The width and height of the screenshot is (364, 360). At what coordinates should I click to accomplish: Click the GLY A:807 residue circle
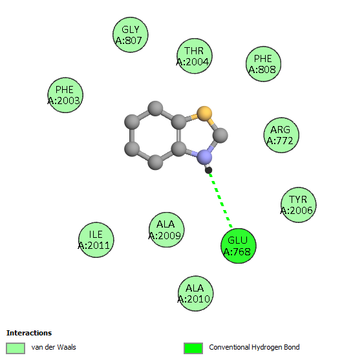(131, 35)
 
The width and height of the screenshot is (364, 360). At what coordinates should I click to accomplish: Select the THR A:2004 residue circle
(195, 56)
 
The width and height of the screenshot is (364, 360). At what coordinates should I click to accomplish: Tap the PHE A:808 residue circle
(264, 64)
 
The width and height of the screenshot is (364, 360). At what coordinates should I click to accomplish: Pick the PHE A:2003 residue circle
(65, 95)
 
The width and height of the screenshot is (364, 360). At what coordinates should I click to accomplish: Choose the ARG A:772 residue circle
(281, 135)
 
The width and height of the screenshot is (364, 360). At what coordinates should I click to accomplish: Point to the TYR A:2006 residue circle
(299, 205)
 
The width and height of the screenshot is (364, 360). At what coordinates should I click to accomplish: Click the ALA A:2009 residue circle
(166, 230)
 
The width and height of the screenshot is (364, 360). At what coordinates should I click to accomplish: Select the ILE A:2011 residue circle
(96, 240)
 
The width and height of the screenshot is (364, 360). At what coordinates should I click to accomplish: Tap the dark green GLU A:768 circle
(239, 246)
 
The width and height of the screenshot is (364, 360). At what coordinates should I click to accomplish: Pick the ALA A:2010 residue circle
(195, 293)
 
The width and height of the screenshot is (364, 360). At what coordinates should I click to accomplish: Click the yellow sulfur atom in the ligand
(204, 114)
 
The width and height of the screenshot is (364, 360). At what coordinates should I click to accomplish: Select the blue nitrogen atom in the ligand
(204, 157)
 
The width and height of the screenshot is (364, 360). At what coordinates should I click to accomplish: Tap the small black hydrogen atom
(208, 170)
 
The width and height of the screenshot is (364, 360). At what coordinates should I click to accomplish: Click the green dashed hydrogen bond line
(220, 200)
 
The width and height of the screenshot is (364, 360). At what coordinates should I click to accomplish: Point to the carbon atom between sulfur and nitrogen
(220, 135)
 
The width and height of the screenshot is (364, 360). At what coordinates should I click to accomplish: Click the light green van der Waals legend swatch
(16, 348)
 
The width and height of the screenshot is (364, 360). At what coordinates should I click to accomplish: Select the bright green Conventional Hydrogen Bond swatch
(193, 348)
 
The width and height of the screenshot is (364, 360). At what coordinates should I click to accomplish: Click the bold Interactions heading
(29, 333)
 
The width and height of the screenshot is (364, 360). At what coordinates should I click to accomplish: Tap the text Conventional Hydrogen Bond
(254, 347)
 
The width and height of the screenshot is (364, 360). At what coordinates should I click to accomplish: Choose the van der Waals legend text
(54, 347)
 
